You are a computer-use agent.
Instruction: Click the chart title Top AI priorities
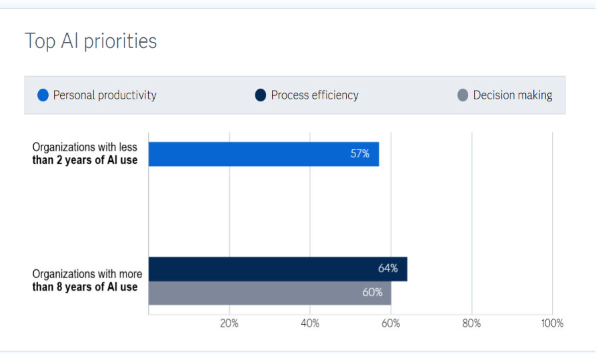tap(91, 41)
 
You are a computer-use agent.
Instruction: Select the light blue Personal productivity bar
tap(263, 154)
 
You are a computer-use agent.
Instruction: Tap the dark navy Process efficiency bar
tap(277, 269)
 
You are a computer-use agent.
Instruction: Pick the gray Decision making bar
tap(269, 293)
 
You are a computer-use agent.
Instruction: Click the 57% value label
tap(360, 154)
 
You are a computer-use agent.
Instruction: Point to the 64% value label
tap(387, 269)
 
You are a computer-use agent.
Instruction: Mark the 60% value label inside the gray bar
tap(372, 293)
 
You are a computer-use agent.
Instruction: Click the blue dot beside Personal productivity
tap(43, 95)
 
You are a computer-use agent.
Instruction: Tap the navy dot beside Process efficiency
tap(261, 95)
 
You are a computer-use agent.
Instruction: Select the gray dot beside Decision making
tap(463, 95)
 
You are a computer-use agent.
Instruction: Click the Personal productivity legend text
tap(105, 95)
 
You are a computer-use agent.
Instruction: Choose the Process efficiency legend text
tap(315, 95)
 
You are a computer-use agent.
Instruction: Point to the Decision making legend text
tap(513, 95)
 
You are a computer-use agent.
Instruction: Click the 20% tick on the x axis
tap(229, 323)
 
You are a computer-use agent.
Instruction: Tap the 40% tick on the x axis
tap(310, 323)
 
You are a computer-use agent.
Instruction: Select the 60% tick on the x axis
tap(391, 323)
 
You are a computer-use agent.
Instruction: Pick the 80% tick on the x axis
tap(471, 323)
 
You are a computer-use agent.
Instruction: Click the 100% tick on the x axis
tap(551, 323)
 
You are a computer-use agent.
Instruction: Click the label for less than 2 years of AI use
tap(85, 154)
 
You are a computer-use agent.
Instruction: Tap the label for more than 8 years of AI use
tap(87, 281)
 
